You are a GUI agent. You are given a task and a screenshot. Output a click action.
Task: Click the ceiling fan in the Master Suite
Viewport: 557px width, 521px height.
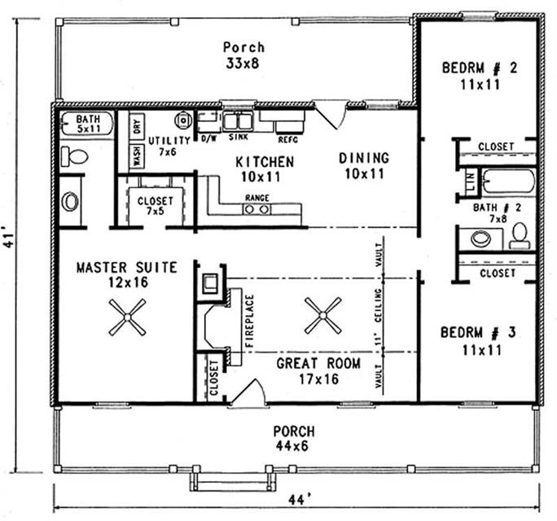point(127,317)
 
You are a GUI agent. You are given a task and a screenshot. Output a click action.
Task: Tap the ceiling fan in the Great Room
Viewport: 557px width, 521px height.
point(323,316)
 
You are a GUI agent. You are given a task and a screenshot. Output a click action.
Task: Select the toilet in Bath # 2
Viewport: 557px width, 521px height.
point(520,235)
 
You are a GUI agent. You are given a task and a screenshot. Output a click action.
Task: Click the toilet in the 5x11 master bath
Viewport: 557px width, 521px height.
point(75,156)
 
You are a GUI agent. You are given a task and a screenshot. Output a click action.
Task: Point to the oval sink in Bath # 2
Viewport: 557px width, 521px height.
point(481,239)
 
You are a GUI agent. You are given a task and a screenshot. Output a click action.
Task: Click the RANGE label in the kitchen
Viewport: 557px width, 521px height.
point(257,198)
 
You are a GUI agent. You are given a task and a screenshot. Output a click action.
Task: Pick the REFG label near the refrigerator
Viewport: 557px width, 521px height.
point(288,139)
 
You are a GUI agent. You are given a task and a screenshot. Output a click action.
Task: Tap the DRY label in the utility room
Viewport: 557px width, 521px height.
point(137,126)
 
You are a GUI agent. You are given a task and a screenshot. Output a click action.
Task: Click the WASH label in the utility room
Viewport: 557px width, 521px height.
point(137,156)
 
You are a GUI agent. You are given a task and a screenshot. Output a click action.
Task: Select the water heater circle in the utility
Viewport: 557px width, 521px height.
point(183,120)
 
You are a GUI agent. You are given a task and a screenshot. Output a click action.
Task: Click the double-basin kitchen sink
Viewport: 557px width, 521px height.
point(238,120)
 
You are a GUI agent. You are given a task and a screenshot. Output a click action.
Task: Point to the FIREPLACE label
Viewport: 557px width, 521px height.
point(249,321)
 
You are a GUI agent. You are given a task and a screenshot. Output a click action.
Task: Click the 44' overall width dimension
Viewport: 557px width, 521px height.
point(296,500)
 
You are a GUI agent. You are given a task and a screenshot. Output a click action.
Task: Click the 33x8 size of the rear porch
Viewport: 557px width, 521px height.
point(243,63)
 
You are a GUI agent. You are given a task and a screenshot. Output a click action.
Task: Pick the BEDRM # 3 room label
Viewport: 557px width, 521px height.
point(478,332)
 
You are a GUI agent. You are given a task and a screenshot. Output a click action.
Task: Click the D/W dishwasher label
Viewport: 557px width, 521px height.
point(208,138)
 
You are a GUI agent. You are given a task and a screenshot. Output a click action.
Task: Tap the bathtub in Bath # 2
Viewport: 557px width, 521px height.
point(509,182)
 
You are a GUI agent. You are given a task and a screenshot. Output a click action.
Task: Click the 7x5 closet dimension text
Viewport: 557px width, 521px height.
point(156,212)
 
